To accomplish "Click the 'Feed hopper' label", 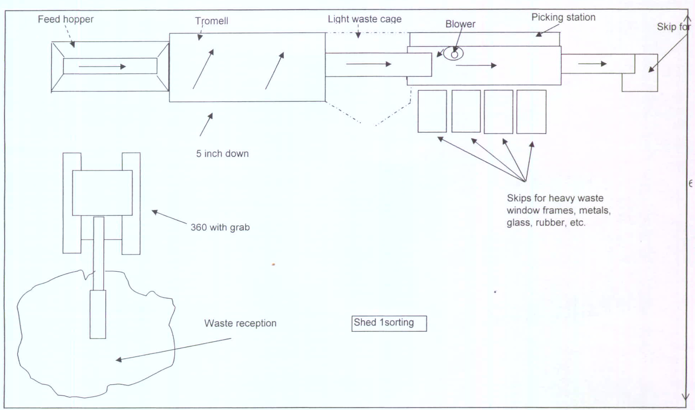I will pos(66,19).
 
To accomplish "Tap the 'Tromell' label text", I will pos(211,21).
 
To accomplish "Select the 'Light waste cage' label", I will pos(365,19).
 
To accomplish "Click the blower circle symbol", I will pos(454,54).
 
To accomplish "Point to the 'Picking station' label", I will pos(563,17).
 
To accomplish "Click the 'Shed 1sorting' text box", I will pos(389,323).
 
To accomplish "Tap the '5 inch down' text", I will pos(222,154).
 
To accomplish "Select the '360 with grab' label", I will pos(220,227).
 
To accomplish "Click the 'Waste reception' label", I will pos(240,323).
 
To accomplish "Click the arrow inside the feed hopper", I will pos(102,66).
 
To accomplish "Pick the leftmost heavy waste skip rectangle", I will pos(432,111).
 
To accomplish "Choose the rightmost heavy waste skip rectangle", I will pos(531,111).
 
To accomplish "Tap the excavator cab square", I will pos(102,193).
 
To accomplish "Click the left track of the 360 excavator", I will pos(72,203).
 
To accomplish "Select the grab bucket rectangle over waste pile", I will pos(98,314).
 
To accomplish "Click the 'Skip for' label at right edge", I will pos(673,27).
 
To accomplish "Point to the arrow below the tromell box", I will pos(206,125).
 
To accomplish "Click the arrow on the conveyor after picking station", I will pos(592,64).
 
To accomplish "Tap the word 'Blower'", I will pos(460,24).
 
